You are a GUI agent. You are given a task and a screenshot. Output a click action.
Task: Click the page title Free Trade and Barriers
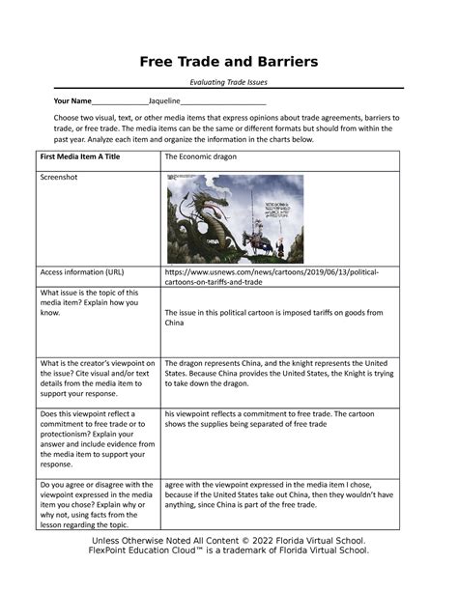(228, 62)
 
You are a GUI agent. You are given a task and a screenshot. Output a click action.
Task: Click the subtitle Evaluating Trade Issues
(228, 84)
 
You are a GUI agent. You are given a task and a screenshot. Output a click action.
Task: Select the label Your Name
(72, 101)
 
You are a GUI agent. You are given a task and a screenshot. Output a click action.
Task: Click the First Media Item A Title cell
(82, 155)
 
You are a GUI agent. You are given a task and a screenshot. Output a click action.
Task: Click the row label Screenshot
(60, 178)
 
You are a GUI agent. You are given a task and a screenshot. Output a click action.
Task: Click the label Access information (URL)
(81, 272)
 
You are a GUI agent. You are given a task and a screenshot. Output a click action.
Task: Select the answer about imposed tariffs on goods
(273, 318)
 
